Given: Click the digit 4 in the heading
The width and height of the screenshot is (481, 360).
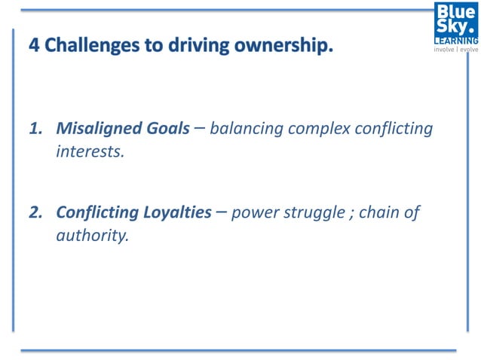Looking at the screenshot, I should tap(34, 46).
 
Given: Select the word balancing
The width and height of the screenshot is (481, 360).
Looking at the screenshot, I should tap(246, 129).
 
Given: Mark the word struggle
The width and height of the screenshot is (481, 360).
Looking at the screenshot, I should tap(312, 213).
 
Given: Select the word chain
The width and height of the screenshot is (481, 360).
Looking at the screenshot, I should tap(378, 213).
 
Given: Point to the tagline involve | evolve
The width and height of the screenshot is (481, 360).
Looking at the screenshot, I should tap(455, 50).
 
